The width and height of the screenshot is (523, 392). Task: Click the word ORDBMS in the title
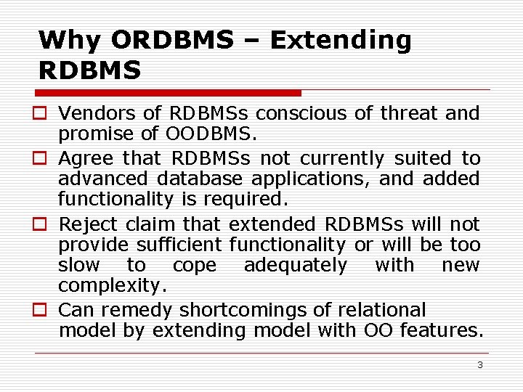172,40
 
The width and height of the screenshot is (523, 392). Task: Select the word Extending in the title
341,41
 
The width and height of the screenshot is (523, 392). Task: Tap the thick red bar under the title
168,93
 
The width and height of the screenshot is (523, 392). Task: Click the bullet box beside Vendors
40,113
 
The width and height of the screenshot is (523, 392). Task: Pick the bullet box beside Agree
40,158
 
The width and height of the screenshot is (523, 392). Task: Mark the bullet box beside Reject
40,224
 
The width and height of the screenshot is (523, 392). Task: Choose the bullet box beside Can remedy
40,309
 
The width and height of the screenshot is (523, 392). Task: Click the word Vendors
97,113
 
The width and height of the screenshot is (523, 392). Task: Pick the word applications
310,180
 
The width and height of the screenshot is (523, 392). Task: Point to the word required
246,200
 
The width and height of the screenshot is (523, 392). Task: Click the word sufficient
179,245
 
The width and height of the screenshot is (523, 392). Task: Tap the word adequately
296,266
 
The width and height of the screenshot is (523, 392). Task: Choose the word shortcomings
243,311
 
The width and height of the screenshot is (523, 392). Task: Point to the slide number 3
480,364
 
